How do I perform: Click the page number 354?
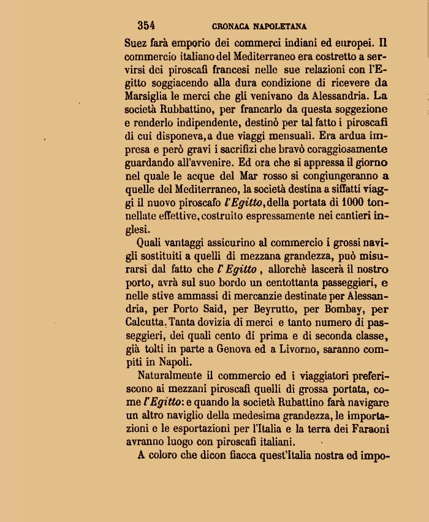(146, 26)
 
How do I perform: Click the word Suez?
(135, 43)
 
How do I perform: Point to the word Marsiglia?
(147, 96)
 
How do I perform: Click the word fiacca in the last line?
(231, 455)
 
